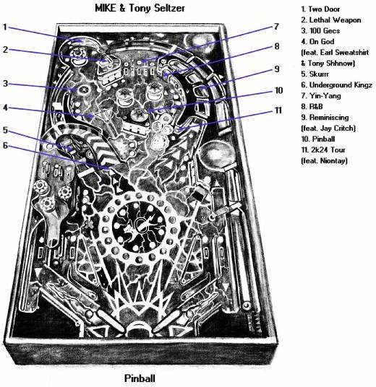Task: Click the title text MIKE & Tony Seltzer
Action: tap(140, 8)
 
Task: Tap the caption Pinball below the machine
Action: tap(140, 378)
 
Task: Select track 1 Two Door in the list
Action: tap(320, 9)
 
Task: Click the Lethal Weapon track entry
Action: tap(331, 20)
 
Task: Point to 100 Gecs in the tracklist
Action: tap(320, 31)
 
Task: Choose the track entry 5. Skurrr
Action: tap(315, 74)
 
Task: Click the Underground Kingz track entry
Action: tap(336, 85)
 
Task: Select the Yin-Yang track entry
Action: tap(321, 96)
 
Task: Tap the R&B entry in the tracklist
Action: tap(312, 106)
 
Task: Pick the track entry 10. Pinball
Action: tap(318, 139)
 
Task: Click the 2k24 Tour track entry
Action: tap(323, 149)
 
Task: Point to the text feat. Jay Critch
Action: tap(328, 129)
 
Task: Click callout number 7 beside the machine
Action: tap(276, 27)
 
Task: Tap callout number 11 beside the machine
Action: tap(278, 110)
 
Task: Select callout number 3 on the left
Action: tap(6, 84)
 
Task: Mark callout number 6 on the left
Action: tap(6, 145)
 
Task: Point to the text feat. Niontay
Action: tap(324, 161)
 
